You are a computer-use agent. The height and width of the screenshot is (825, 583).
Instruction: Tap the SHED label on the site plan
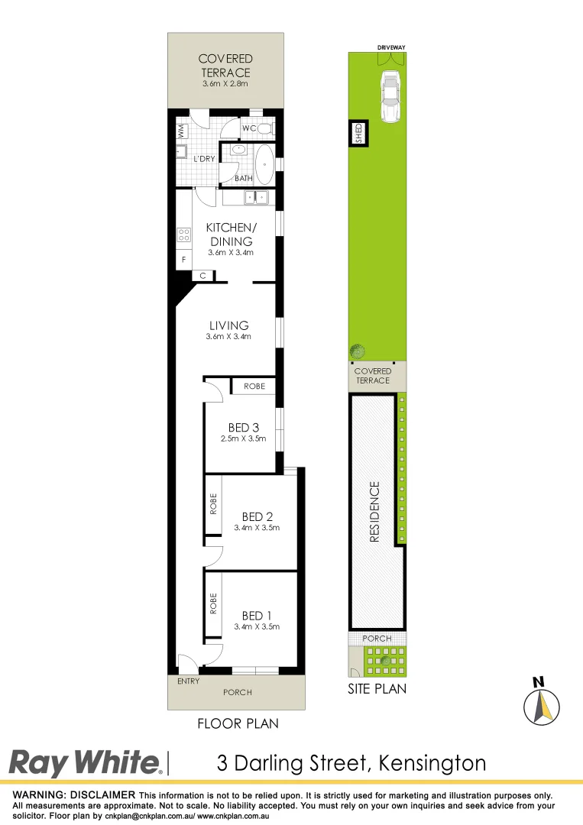[358, 134]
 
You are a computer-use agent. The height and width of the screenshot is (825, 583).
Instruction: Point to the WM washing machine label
[182, 131]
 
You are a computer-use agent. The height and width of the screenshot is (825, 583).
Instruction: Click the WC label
[248, 128]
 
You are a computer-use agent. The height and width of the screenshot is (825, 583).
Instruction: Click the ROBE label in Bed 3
[254, 387]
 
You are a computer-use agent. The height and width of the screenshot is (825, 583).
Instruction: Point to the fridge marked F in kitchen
[183, 260]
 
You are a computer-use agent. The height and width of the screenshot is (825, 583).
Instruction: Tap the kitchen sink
[255, 198]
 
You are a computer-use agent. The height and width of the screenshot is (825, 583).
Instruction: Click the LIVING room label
[228, 325]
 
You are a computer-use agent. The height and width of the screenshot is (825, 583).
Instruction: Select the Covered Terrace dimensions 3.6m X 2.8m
[225, 83]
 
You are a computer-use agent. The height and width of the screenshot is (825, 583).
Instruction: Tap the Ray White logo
[85, 763]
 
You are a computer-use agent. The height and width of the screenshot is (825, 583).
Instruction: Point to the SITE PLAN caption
[377, 689]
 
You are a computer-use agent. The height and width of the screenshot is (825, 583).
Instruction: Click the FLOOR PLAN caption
[238, 723]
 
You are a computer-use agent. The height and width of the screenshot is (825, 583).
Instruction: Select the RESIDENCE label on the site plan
[374, 511]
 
